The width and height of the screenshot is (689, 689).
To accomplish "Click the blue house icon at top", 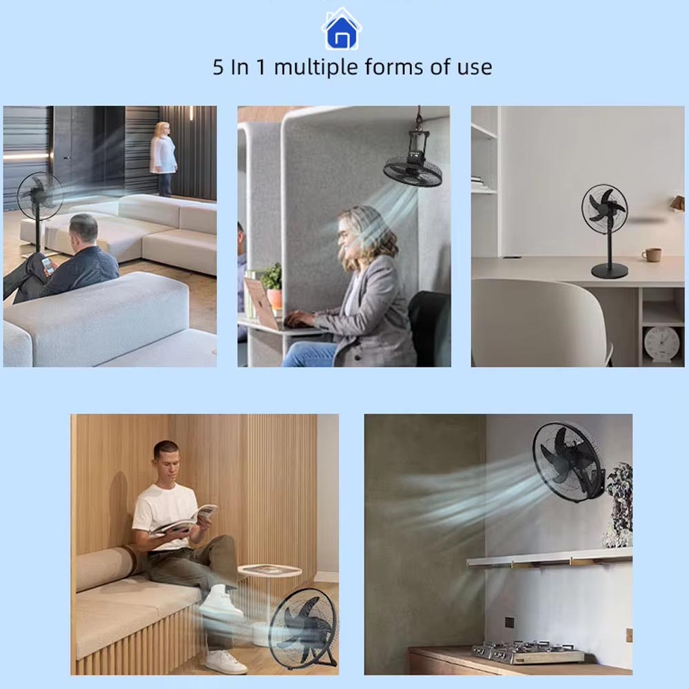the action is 342,29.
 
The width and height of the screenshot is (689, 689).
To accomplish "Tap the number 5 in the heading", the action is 218,68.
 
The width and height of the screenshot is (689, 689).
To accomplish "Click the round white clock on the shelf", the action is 661,343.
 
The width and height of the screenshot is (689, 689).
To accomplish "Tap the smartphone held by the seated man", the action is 47,266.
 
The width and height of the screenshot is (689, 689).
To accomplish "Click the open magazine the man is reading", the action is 185,522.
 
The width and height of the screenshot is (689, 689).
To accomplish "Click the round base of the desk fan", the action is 609,270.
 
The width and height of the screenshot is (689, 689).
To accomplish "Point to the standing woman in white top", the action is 163,158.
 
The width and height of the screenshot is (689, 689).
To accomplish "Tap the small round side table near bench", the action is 270,571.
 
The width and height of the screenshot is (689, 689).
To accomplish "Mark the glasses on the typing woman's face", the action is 342,236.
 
